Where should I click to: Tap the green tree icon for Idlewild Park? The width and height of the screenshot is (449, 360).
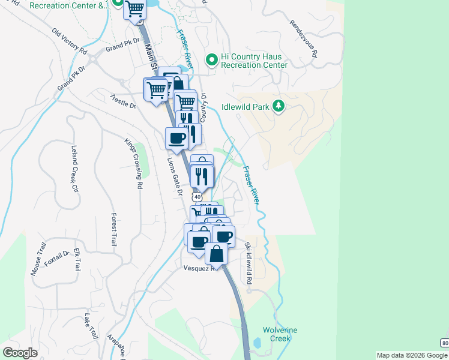(x=278, y=106)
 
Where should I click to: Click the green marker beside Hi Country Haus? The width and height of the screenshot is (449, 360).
(x=211, y=60)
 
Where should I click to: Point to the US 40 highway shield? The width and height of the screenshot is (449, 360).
(x=197, y=196)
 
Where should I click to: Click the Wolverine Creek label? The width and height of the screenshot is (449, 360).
(x=280, y=334)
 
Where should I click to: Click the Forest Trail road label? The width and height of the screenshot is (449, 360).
(x=113, y=229)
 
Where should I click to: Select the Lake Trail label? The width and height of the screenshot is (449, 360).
(x=91, y=326)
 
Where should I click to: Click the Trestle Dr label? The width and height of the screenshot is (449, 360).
(x=124, y=101)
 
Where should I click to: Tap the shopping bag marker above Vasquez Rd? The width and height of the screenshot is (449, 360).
(x=216, y=254)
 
